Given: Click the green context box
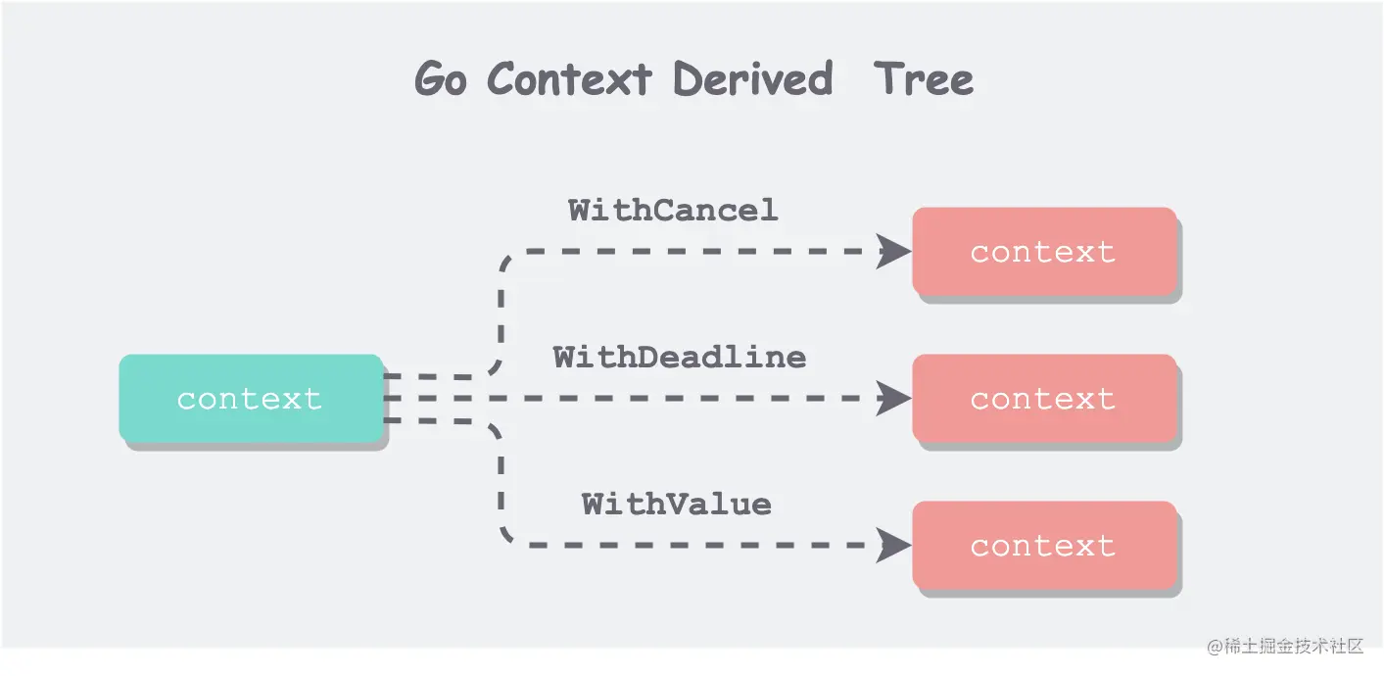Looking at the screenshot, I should coord(250,398).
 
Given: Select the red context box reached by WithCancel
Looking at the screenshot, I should coord(1043,252).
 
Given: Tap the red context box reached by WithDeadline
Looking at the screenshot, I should coord(1043,398).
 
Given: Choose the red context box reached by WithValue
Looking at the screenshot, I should coord(1043,546).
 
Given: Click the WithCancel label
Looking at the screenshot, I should coord(673,210).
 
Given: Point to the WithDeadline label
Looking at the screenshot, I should coord(679,357).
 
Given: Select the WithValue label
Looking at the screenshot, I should coord(676,505).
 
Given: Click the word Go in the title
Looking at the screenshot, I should coord(440,79).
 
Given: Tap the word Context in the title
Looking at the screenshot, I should coord(569,79).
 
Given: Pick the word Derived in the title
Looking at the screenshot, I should coord(752,79).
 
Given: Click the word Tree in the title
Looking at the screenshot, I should coord(924,79).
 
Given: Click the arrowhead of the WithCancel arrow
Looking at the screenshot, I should coord(893,252).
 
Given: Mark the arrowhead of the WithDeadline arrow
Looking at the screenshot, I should coord(893,399).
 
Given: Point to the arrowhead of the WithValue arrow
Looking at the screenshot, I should coord(893,546).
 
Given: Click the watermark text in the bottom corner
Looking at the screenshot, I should coord(1285,647).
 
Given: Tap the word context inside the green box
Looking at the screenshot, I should coord(249,399).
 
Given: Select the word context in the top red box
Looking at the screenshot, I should coord(1043,253).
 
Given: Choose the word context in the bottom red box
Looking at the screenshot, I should coord(1043,547).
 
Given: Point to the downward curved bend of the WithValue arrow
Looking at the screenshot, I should coord(505,531).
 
